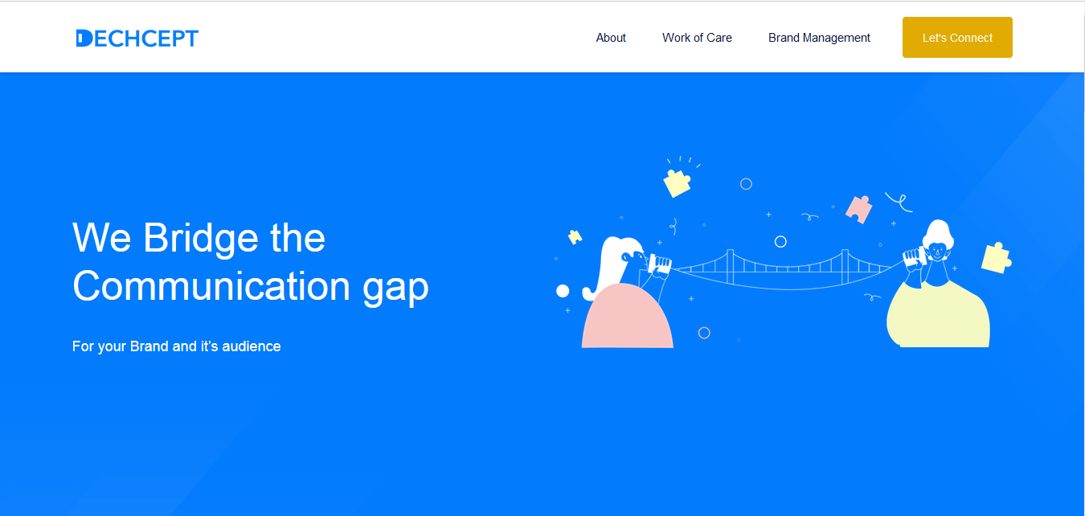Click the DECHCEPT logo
(x=137, y=39)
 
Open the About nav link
(x=611, y=38)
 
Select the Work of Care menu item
(x=697, y=38)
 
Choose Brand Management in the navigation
(x=819, y=38)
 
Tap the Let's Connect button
(x=957, y=37)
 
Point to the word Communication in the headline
(x=211, y=285)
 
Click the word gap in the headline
(x=395, y=289)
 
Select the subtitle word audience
(x=252, y=346)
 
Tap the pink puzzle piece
(x=859, y=209)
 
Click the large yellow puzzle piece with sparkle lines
(x=678, y=183)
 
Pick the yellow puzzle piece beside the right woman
(x=996, y=258)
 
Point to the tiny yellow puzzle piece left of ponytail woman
(x=575, y=237)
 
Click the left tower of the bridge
(x=730, y=267)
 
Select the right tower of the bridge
(x=845, y=267)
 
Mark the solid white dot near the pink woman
(x=563, y=291)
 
